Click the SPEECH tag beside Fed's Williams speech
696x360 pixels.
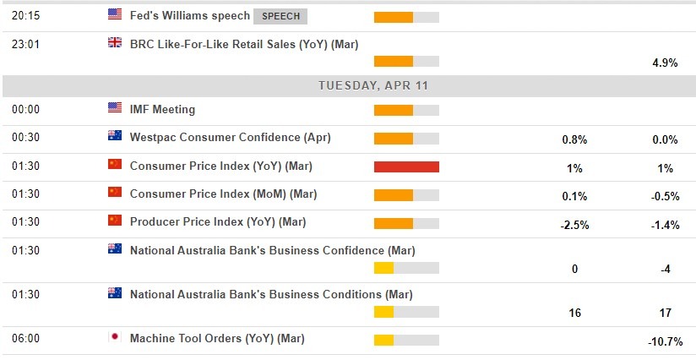(280, 16)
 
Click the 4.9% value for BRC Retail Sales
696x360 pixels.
(664, 63)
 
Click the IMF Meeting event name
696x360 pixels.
(162, 109)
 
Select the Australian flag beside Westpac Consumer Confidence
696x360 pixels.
(115, 136)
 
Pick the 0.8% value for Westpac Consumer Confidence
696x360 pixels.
(574, 140)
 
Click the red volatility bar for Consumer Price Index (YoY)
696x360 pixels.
(406, 166)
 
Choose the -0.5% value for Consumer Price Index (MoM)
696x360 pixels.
(664, 196)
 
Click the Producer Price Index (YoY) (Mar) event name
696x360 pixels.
(218, 221)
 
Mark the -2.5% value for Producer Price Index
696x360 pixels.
(574, 225)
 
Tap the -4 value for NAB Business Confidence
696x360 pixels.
(664, 270)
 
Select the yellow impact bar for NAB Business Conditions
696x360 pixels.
(384, 312)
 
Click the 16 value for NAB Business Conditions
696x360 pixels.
(574, 313)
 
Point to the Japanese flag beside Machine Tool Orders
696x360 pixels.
(115, 338)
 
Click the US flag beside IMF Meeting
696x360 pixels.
(115, 108)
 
